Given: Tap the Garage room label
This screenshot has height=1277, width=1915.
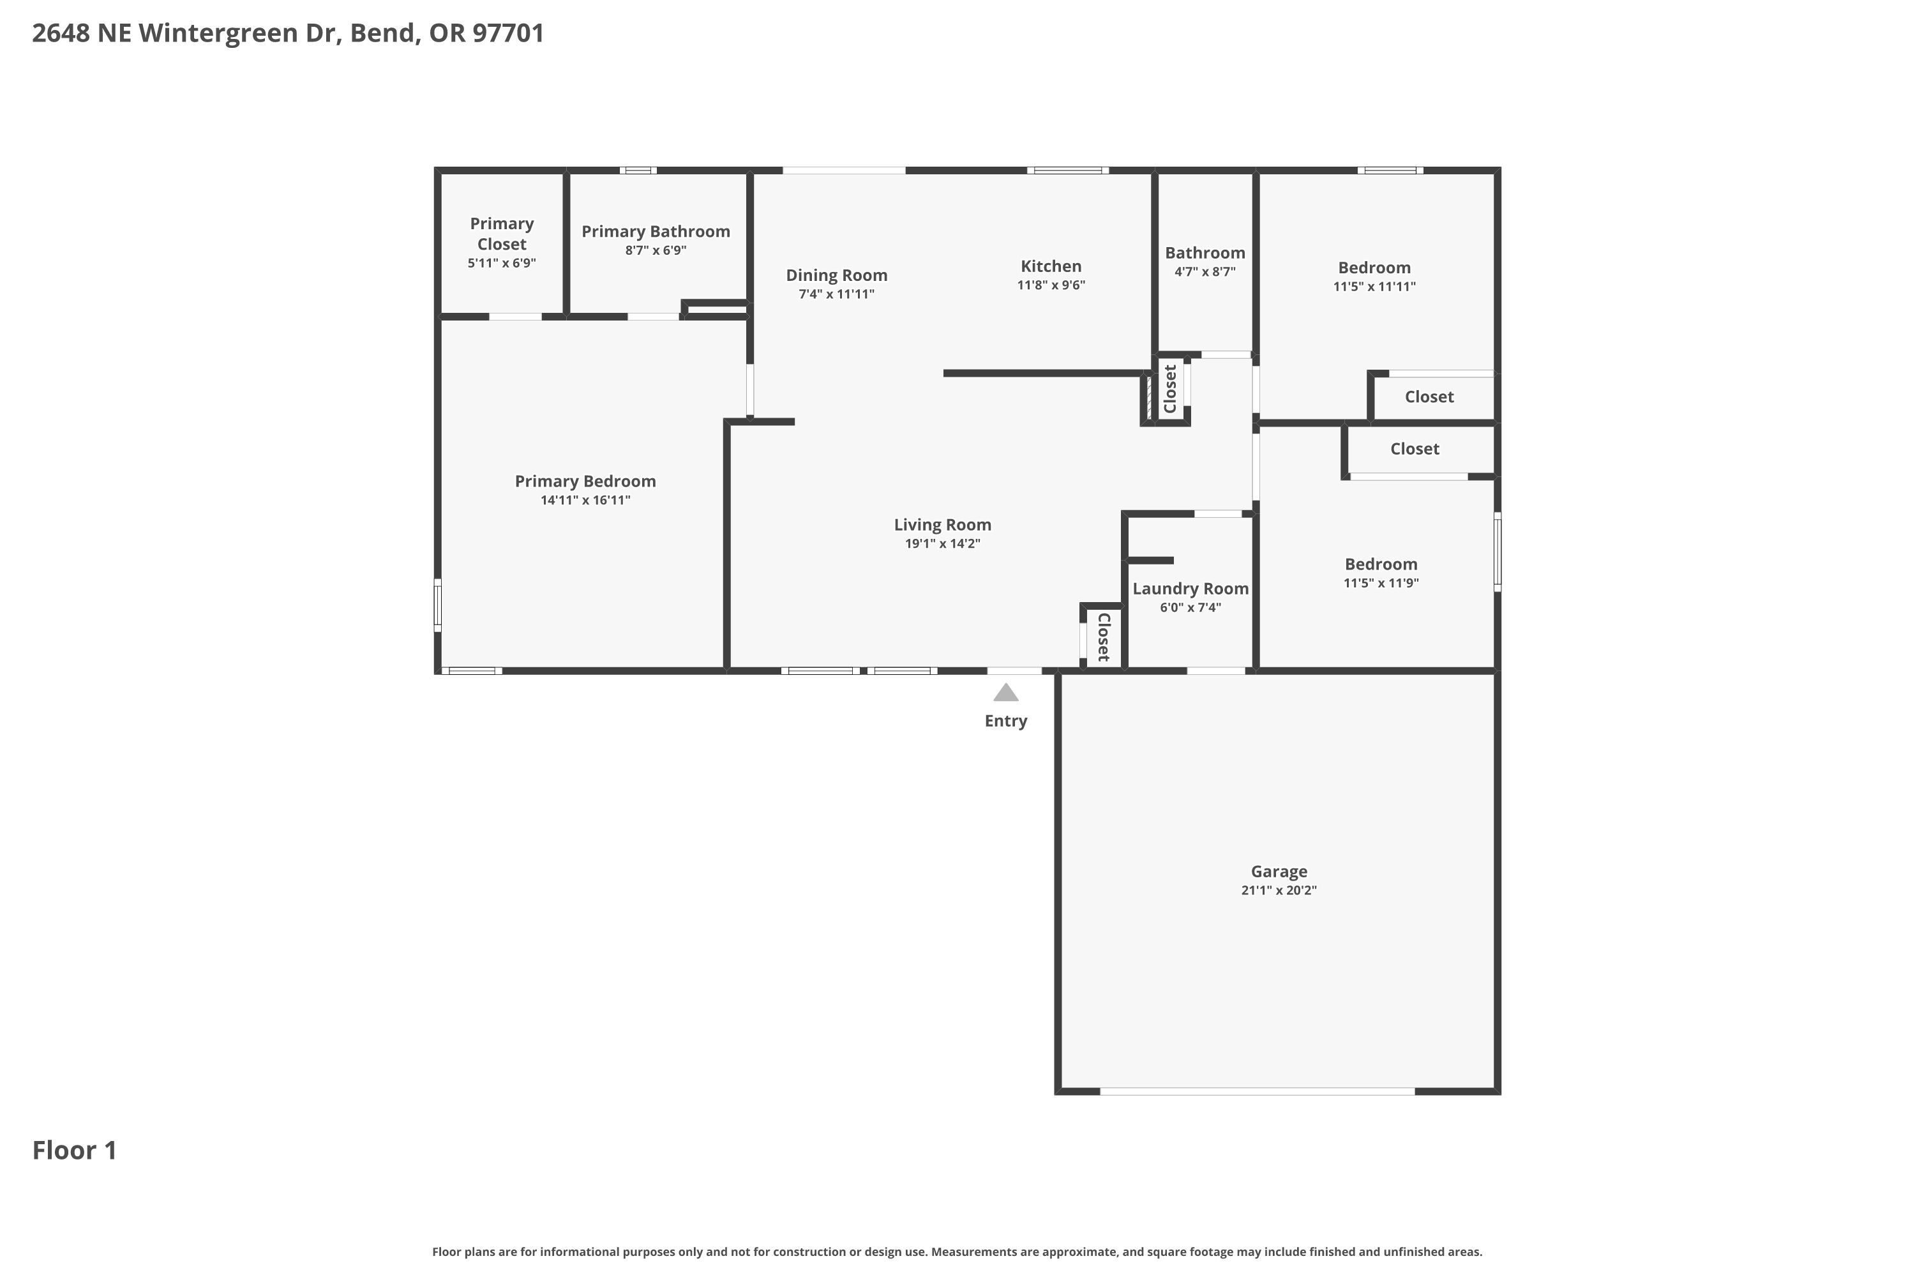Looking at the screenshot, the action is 1279,872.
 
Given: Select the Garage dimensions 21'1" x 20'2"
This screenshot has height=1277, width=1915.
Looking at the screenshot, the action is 1279,890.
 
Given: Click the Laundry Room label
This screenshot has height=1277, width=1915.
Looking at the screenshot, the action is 1190,589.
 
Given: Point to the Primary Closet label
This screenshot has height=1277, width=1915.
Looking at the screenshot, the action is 502,234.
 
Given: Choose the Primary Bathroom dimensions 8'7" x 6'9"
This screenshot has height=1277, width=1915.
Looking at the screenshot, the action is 656,250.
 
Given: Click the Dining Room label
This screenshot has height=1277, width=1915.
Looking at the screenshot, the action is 836,276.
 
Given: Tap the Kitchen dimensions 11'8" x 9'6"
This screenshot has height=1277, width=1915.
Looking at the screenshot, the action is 1051,285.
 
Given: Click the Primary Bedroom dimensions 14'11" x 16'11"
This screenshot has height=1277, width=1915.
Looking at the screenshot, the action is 585,500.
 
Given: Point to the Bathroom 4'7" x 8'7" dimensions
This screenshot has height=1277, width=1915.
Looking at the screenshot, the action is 1205,272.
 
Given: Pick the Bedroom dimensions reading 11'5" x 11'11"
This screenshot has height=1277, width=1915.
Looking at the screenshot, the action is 1374,287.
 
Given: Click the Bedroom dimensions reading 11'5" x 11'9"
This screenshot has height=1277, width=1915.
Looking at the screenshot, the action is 1381,583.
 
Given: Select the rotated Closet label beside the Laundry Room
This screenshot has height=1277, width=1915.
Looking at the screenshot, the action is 1104,637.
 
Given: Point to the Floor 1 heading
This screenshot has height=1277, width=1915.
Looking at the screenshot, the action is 74,1150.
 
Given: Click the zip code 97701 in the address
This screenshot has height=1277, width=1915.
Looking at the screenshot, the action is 508,33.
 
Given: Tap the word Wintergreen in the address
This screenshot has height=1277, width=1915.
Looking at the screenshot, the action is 218,33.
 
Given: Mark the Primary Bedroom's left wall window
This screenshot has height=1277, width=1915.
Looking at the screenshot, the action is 437,605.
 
